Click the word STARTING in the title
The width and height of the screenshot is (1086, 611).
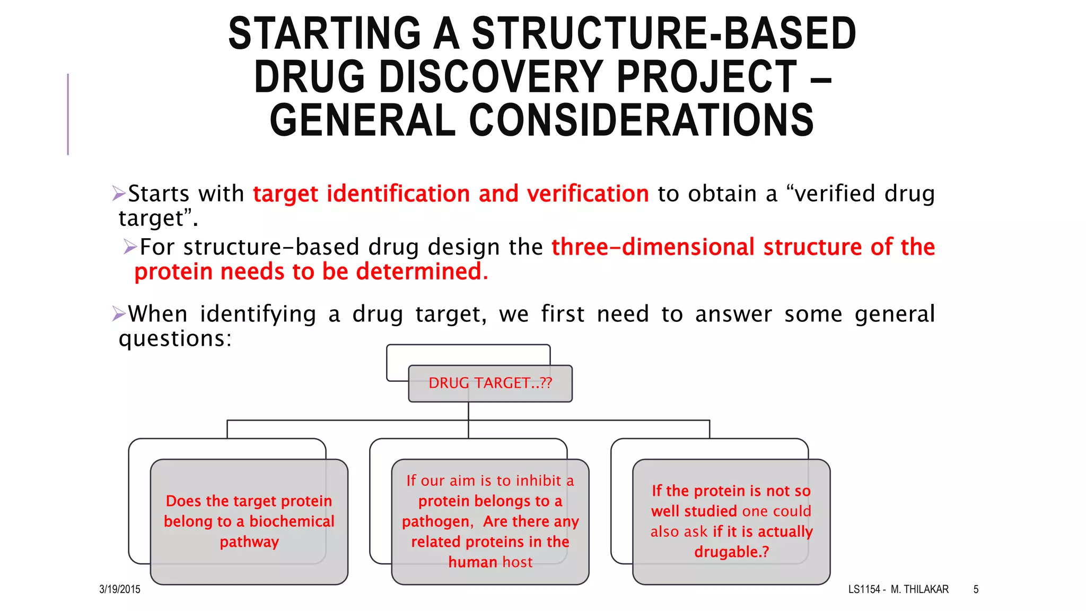(325, 34)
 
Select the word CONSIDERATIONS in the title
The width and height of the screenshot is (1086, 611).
(641, 121)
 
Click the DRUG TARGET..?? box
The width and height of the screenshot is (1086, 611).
(490, 383)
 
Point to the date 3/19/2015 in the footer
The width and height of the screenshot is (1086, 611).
(120, 589)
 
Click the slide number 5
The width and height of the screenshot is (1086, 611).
(976, 589)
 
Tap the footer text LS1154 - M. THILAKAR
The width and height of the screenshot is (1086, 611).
(898, 589)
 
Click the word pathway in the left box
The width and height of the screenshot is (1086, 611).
(249, 542)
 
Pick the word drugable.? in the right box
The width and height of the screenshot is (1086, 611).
(731, 552)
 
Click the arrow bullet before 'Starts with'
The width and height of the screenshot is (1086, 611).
(119, 194)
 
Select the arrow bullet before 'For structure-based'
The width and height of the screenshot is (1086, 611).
(130, 247)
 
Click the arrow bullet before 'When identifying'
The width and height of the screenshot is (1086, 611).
(119, 314)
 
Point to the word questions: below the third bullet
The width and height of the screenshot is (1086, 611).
(175, 339)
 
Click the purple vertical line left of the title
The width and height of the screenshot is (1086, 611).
(68, 114)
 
